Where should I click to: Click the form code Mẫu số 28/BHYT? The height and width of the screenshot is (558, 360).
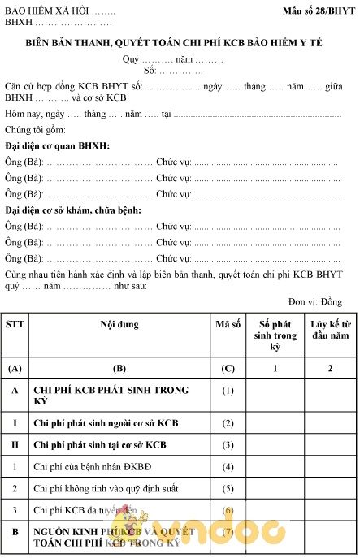pos(313,11)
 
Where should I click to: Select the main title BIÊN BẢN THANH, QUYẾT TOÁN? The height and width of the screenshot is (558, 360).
pos(180,42)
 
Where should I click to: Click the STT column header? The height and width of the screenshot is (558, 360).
pos(15,325)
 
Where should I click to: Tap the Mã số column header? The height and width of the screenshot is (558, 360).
pos(228,325)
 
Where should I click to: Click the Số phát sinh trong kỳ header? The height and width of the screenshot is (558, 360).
pos(275,335)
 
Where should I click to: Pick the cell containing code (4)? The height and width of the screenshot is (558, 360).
pos(228,467)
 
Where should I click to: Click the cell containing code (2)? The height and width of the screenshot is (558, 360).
pos(228,423)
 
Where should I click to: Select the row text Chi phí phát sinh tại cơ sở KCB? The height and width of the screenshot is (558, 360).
pos(100,445)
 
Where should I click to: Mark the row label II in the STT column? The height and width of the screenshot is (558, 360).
pos(15,445)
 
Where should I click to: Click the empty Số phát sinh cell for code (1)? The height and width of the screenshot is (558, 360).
pos(275,396)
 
